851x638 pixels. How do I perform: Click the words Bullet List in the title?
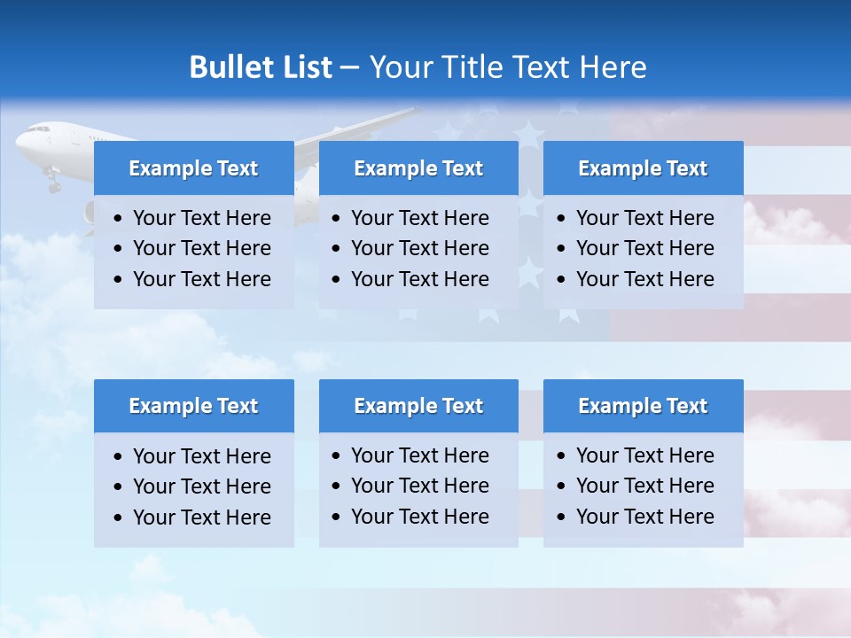pos(261,67)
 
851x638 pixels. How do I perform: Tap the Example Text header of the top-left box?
pos(193,168)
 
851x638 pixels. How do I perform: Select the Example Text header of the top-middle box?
pos(418,168)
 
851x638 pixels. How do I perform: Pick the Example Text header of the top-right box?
pos(643,168)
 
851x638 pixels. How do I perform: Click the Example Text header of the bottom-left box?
pos(193,406)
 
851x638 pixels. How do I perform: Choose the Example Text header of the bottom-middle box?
pos(418,406)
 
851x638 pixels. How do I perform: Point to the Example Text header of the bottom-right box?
pos(643,406)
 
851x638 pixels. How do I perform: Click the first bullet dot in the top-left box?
pos(119,219)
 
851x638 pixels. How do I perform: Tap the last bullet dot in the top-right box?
pos(562,280)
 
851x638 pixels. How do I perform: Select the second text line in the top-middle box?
pos(419,248)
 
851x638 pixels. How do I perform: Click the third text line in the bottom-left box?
pos(201,517)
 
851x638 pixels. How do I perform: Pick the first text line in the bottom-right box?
pos(644,455)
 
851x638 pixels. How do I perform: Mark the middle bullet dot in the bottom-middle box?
pos(337,486)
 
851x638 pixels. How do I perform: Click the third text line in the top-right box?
pos(644,279)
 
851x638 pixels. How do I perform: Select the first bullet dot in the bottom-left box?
pos(119,457)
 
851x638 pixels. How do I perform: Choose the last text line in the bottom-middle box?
pos(419,517)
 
